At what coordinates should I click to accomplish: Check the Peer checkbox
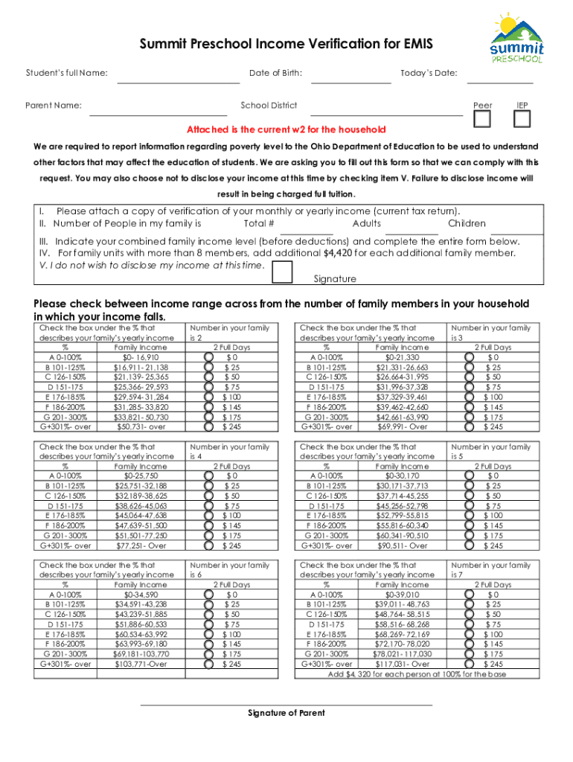pos(482,119)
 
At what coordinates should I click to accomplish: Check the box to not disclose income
pos(282,272)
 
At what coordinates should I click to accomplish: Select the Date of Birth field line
pos(350,82)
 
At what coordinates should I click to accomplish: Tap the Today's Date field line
pos(499,82)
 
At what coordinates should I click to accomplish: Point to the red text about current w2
pos(286,129)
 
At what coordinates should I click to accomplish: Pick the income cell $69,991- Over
pos(402,427)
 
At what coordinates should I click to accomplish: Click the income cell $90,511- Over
pos(402,545)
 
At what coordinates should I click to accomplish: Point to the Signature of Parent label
pos(286,713)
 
